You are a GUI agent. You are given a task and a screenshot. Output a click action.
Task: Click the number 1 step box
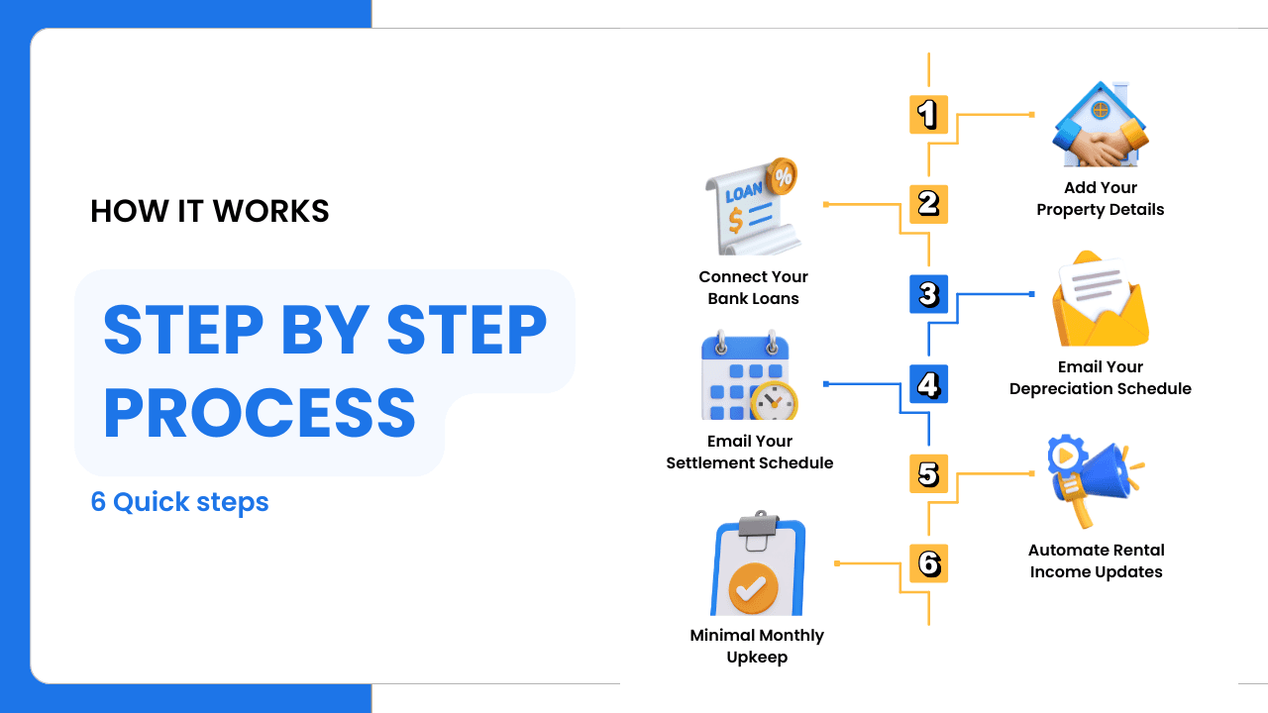point(928,114)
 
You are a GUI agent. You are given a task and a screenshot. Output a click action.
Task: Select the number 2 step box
point(928,204)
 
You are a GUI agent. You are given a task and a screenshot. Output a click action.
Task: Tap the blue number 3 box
point(928,294)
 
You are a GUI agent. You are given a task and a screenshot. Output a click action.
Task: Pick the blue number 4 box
point(928,384)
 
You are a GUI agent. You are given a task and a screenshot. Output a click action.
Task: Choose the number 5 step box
point(928,473)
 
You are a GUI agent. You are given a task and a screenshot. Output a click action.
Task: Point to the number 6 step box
point(928,563)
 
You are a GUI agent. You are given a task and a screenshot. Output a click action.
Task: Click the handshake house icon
point(1101,125)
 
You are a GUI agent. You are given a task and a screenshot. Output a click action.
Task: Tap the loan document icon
point(752,207)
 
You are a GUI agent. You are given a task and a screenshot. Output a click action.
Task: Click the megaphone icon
point(1096,481)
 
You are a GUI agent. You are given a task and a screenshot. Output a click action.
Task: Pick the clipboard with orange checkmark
point(758,563)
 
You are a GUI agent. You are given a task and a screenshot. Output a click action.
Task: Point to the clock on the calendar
point(774,402)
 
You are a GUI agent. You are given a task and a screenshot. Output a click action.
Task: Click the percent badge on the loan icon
point(783,176)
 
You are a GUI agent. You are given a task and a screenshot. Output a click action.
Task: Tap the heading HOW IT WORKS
point(209,211)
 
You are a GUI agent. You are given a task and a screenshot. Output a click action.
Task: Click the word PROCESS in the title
point(260,413)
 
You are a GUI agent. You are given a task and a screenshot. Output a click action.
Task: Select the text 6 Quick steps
point(179,502)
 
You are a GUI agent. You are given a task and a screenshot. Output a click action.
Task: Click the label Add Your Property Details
point(1101,198)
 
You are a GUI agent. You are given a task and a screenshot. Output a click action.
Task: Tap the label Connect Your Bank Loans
point(754,287)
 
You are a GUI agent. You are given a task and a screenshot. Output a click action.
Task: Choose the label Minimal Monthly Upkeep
point(757,646)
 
